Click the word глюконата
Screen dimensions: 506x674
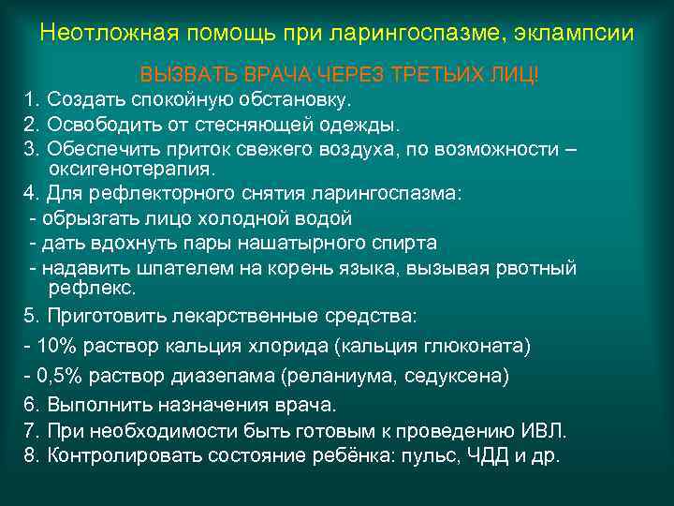coord(477,347)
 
